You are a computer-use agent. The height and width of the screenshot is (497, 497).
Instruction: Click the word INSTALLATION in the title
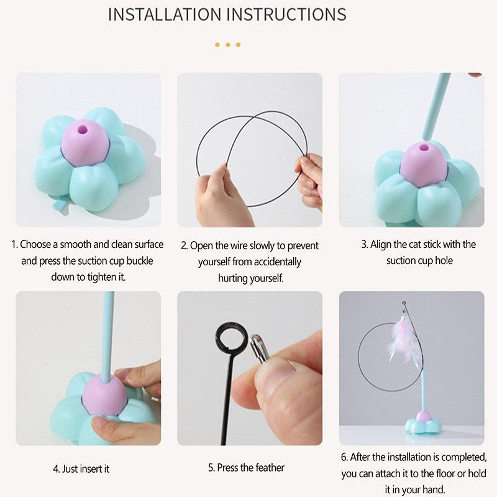165,14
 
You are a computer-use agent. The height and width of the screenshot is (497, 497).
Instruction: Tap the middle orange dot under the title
228,45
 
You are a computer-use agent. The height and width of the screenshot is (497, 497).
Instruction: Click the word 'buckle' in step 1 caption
140,261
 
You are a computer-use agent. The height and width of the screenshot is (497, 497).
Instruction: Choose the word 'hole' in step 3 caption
444,260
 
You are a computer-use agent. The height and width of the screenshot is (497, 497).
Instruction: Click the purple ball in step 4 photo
105,393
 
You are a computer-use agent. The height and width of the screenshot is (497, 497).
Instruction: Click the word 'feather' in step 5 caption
270,468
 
